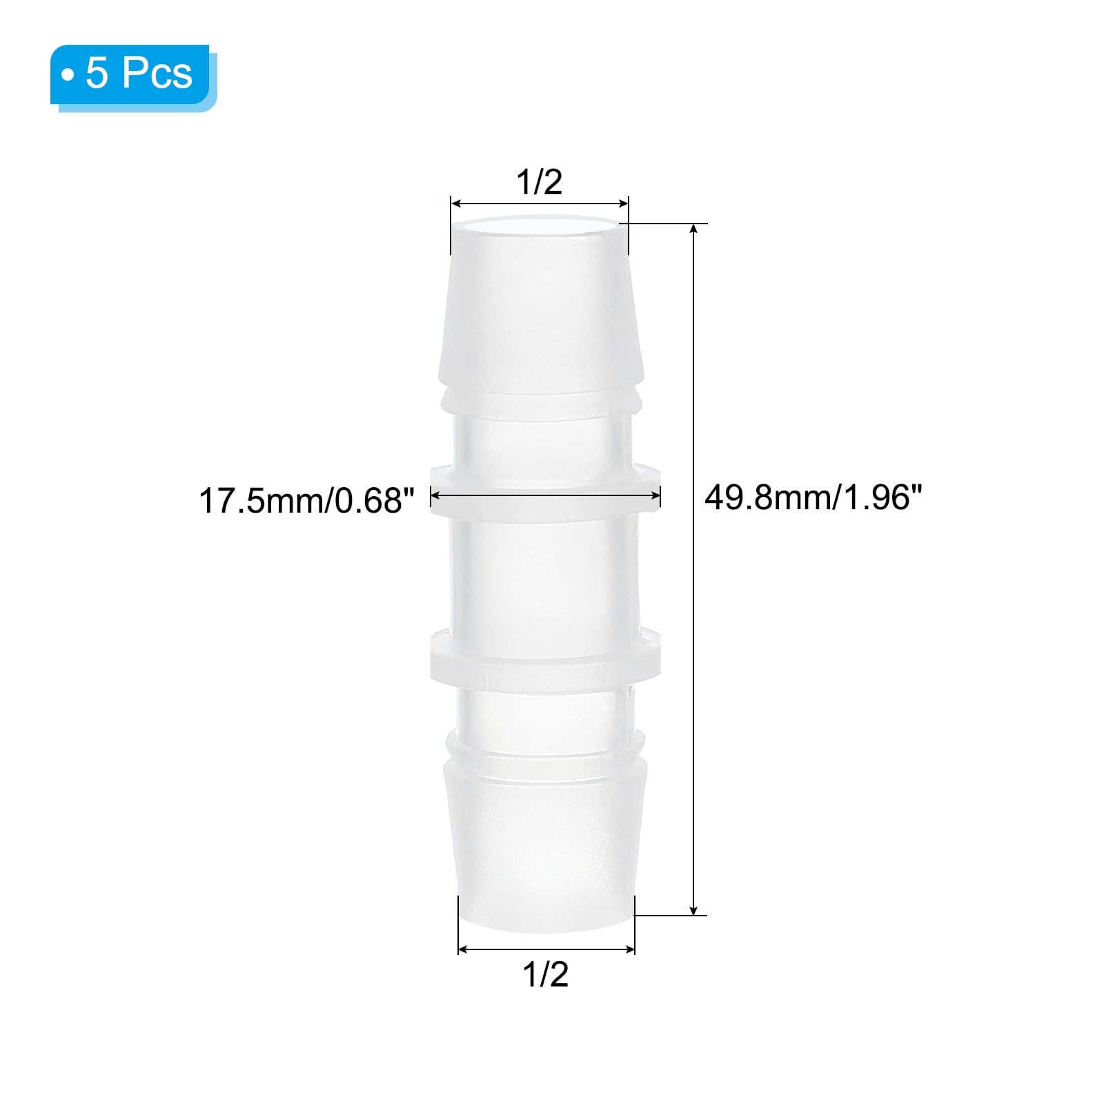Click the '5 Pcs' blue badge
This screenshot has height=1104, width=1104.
131,75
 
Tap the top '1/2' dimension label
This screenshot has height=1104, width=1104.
540,182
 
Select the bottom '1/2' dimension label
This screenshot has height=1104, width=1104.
546,974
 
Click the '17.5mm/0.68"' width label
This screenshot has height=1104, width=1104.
307,501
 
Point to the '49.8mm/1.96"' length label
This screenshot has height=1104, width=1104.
813,497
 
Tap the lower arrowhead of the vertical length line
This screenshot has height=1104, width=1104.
694,910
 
